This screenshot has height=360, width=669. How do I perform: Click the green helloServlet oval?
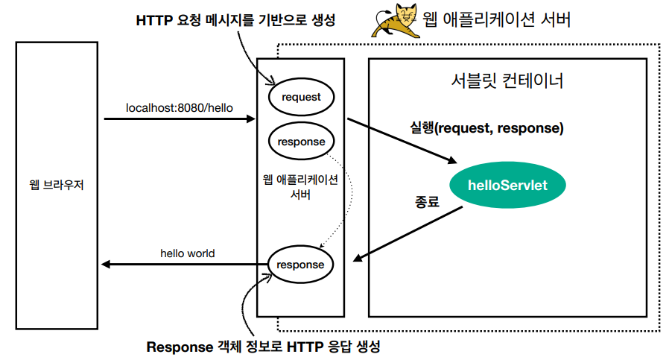(507, 185)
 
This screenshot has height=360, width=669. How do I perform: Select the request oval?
(301, 97)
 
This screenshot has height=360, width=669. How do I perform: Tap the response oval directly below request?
(301, 142)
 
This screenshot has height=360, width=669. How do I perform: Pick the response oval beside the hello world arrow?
(301, 265)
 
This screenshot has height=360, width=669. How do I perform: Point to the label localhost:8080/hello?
(180, 108)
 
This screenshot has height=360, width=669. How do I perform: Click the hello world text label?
(188, 253)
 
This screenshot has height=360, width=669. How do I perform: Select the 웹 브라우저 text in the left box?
(57, 184)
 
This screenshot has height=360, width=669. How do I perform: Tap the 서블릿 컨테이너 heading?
(507, 80)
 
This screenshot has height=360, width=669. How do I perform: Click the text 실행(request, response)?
(486, 127)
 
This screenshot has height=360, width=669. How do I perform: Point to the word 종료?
(427, 202)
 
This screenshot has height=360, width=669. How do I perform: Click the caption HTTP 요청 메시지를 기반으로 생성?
(235, 21)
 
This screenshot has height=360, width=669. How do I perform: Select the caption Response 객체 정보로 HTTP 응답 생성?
(264, 347)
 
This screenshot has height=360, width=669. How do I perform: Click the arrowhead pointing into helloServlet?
(451, 160)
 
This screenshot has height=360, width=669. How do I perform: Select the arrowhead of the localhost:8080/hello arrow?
(251, 119)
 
